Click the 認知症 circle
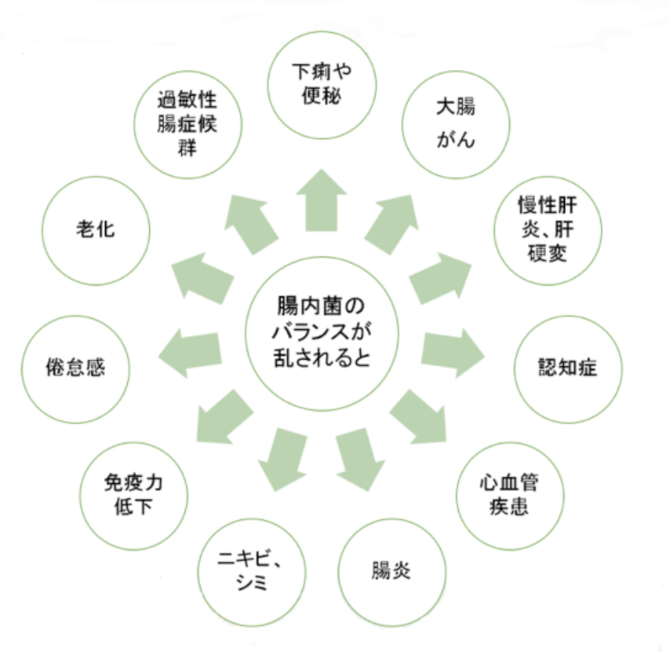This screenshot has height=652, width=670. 567,368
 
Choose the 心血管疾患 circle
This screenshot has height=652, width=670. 511,494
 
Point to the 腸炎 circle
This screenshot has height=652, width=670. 391,570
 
